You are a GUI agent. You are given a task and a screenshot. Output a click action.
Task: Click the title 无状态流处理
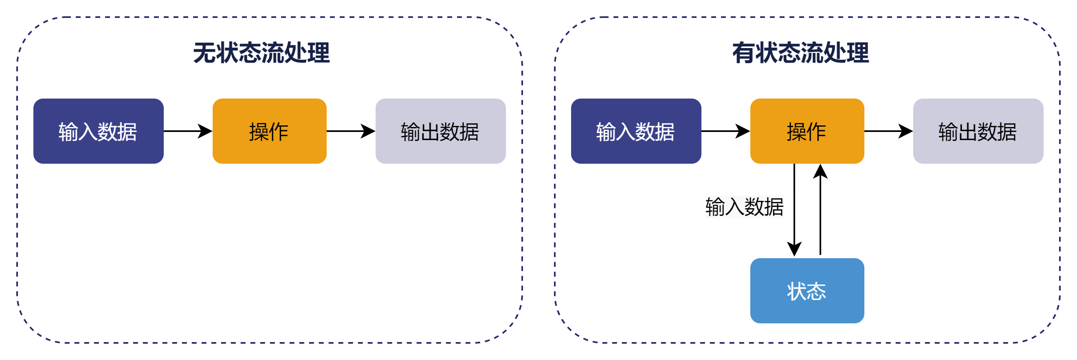(261, 53)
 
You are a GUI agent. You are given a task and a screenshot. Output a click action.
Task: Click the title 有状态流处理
(800, 53)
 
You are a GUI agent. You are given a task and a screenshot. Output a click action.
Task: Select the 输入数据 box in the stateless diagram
(98, 131)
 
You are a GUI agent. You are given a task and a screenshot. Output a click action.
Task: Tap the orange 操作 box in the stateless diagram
(269, 131)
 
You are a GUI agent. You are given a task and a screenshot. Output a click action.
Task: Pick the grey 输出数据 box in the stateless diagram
(440, 131)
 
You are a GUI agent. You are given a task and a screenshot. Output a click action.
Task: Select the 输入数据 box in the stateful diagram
(636, 131)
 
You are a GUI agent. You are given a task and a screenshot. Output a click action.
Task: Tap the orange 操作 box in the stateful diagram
(807, 131)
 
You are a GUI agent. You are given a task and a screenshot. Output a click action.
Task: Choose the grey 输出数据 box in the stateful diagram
(978, 131)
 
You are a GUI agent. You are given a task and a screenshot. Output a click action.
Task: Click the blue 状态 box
(807, 291)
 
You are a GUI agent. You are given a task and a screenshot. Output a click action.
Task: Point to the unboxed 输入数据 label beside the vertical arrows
(744, 207)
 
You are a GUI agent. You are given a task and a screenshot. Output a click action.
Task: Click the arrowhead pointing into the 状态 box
(794, 249)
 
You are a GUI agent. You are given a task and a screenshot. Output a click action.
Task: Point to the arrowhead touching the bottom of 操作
(820, 171)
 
